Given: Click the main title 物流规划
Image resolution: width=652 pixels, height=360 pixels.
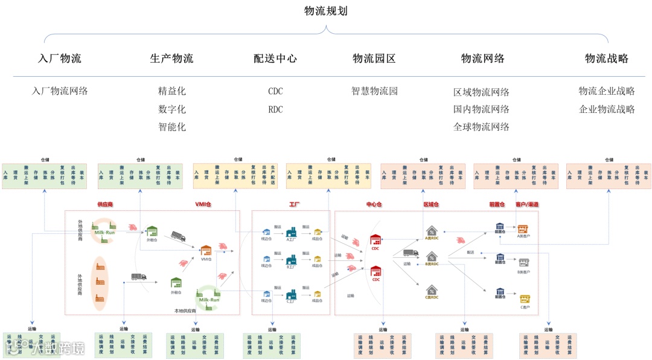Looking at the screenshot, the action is coord(326,11).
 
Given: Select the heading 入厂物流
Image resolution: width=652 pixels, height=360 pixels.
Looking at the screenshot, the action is coord(59,59).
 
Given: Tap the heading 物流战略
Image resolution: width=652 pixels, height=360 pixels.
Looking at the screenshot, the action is coord(607,59).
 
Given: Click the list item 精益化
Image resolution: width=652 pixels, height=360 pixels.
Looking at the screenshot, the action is coord(172,91).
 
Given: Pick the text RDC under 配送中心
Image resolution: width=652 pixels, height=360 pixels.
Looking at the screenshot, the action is coord(275,109).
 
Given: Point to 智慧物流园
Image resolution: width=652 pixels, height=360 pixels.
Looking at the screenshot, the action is coord(374,91).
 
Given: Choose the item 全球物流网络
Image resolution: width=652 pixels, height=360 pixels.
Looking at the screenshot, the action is coord(481,127).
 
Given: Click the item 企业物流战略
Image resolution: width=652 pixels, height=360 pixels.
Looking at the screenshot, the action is coord(607,109).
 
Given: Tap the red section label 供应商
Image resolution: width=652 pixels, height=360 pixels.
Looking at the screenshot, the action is coord(106,205).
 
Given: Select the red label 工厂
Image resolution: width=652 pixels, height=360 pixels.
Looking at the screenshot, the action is coord(295,205).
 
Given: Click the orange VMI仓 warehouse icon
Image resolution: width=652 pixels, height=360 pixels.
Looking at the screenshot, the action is coord(206,250).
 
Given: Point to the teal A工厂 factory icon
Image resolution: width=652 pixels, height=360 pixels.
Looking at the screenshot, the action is coord(292,231).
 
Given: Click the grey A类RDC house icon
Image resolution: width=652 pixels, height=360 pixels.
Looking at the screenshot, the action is coord(432,230).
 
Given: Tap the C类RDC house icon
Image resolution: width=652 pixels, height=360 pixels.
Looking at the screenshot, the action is coord(432,290).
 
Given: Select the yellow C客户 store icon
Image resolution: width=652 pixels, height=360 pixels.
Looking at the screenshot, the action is coord(525,298).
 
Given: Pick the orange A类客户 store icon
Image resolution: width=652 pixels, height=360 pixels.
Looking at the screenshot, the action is coord(523,229).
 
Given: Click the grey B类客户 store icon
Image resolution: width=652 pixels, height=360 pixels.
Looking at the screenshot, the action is coord(523,262).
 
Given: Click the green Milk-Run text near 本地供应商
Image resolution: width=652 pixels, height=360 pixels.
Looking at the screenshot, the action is coord(208,299).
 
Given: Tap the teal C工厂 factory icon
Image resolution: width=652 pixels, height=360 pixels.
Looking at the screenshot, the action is coord(292,294).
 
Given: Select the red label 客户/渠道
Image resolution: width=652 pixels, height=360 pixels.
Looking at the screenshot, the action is coord(526,205).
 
